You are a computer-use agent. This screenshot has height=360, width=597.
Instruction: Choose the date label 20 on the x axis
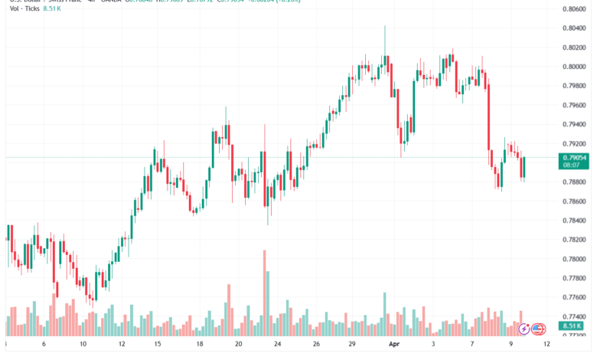[x=239, y=344]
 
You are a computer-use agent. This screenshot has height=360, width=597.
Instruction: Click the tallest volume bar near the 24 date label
[x=265, y=291]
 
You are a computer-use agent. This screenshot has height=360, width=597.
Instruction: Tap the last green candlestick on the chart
[x=524, y=167]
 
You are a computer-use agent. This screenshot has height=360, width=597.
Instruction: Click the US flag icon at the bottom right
[x=537, y=329]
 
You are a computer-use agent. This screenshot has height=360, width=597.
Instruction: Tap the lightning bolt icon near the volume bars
[x=524, y=329]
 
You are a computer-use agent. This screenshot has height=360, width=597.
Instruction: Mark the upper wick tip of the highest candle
[x=384, y=26]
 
